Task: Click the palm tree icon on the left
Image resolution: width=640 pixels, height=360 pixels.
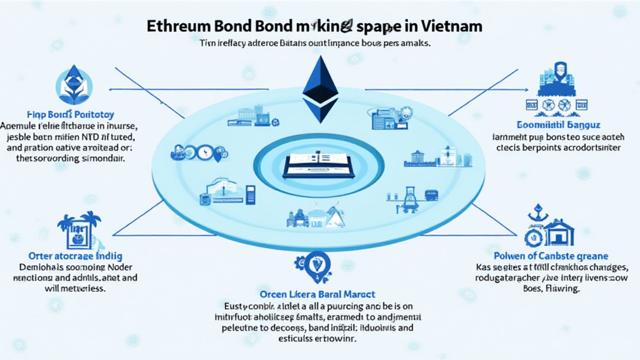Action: (78, 231)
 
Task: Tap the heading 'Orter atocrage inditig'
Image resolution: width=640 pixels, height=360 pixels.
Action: (75, 256)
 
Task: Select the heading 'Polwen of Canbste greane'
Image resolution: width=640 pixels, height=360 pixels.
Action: (551, 256)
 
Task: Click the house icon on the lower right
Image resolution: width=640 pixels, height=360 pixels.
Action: (557, 231)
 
